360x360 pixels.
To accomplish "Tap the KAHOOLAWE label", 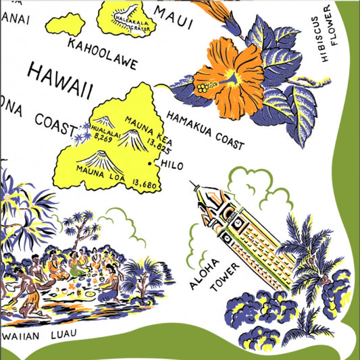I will [x=102, y=53].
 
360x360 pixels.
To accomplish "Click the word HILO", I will [x=165, y=165].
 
